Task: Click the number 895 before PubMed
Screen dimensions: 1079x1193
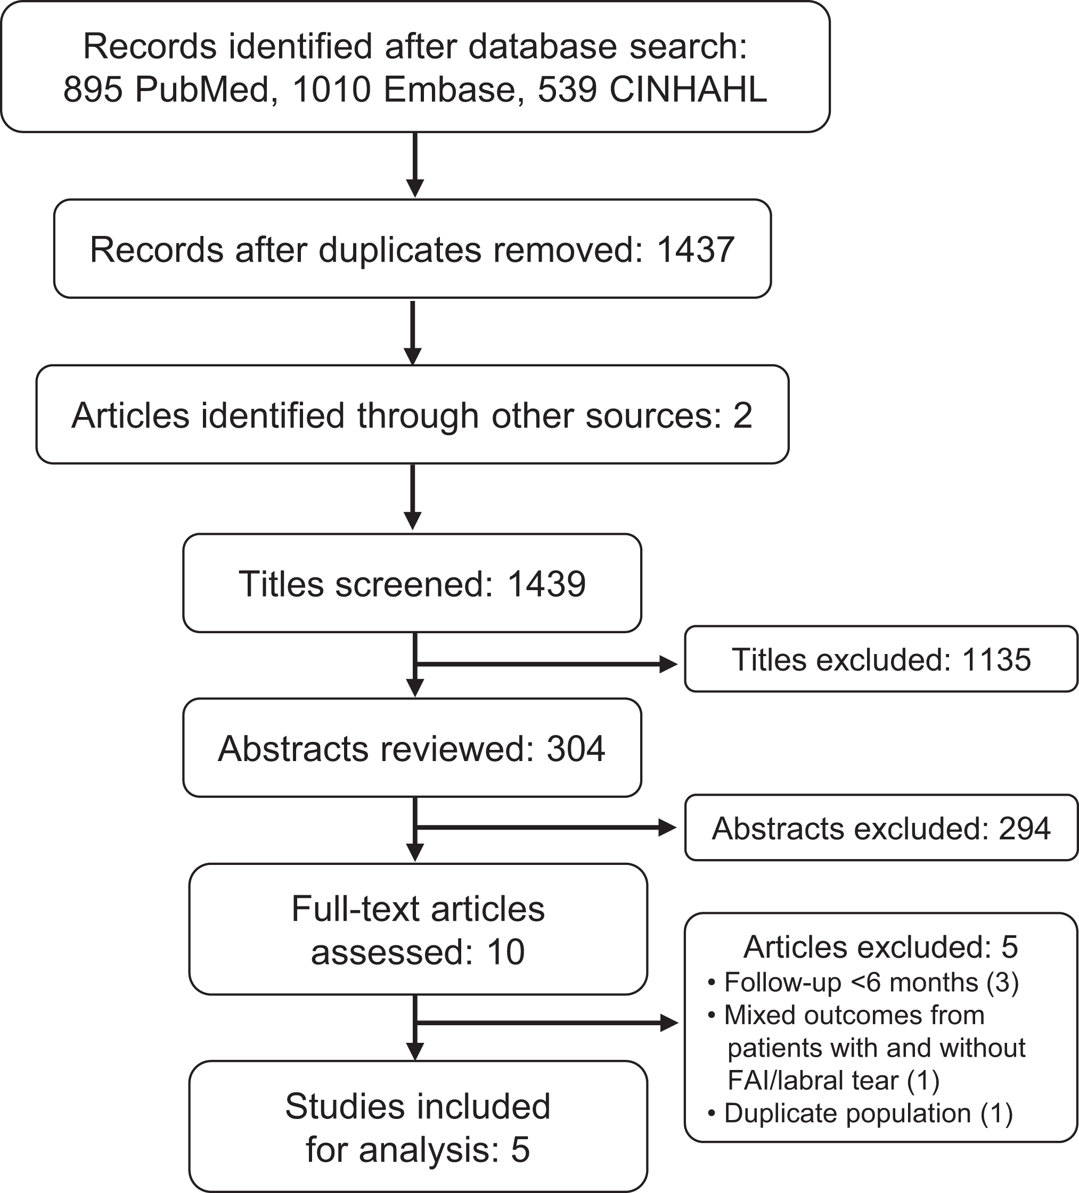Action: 93,91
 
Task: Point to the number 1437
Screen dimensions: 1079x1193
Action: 696,249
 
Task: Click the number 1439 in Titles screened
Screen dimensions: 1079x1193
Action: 546,584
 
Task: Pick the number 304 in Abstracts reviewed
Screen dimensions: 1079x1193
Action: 576,749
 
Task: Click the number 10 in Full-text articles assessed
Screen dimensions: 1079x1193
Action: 506,952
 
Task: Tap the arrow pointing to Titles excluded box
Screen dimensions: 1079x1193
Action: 546,664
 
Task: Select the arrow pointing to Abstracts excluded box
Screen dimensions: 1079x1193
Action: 546,827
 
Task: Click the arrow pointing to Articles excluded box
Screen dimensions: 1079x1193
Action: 546,1023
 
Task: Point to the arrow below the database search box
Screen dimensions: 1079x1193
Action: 415,165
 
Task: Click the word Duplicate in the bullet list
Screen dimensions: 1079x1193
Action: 781,1113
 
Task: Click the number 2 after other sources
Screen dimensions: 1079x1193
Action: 743,415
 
